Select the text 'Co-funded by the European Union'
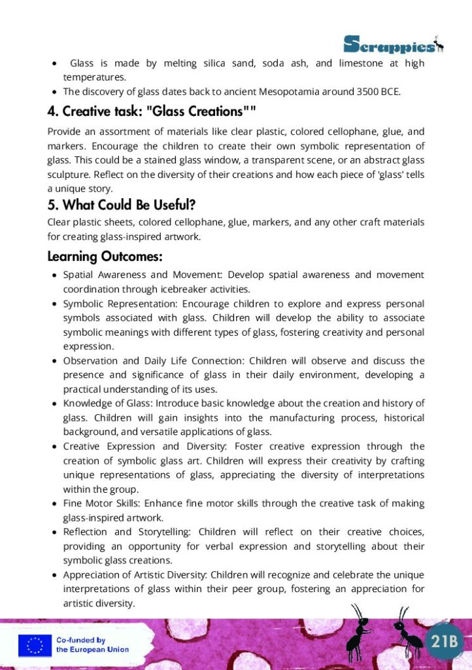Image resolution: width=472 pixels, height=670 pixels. click(x=92, y=645)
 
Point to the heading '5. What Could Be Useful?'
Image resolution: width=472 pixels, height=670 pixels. click(x=122, y=205)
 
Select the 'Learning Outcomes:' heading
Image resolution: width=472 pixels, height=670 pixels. click(x=105, y=256)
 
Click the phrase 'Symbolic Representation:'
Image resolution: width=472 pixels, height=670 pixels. click(x=120, y=304)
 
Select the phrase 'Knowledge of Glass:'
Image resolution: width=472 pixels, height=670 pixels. click(x=107, y=403)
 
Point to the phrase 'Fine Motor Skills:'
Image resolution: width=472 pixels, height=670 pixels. click(x=101, y=503)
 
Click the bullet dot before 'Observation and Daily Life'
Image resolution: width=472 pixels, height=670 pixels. click(x=54, y=361)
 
